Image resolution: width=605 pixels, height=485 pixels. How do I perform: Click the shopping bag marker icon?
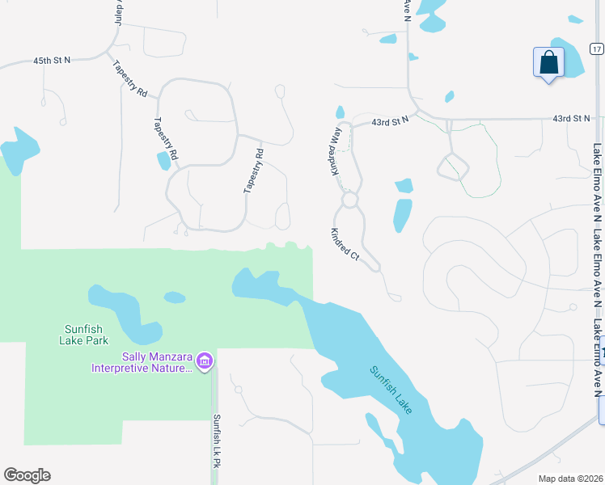(548, 62)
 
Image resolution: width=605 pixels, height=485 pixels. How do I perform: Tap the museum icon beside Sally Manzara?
(205, 360)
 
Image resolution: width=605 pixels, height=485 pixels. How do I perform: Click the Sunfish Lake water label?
(391, 390)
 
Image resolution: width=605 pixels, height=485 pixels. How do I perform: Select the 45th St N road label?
(53, 61)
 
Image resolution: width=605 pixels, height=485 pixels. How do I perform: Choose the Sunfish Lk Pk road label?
(217, 441)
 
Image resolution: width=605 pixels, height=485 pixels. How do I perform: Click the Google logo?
(27, 475)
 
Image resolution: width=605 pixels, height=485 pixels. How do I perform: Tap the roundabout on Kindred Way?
(349, 199)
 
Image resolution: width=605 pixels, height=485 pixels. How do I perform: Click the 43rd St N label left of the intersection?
(391, 120)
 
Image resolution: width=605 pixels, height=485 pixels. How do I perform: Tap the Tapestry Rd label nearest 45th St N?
(129, 79)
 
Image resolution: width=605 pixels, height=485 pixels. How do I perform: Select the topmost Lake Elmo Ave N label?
(597, 183)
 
